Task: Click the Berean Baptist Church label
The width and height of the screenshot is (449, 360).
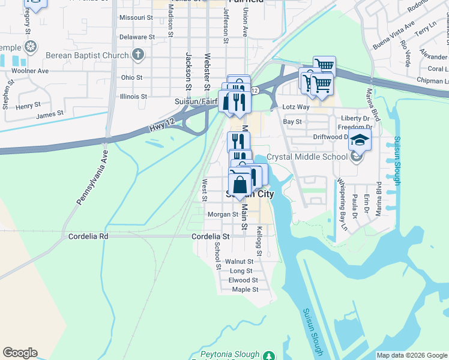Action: click(87, 56)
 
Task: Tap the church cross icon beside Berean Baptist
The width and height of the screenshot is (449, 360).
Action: click(139, 56)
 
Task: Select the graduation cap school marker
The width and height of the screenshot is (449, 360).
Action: click(360, 140)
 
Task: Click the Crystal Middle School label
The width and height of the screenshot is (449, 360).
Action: click(306, 157)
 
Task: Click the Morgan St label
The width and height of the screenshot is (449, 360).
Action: click(223, 214)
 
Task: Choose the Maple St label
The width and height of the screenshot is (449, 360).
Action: click(245, 289)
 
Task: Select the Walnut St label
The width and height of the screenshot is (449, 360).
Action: click(240, 262)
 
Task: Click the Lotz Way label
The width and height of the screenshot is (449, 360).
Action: click(296, 107)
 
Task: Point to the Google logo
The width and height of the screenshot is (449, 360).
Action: click(20, 353)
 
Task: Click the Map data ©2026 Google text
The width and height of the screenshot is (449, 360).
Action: click(411, 355)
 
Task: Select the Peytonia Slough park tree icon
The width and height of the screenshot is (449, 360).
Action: click(270, 355)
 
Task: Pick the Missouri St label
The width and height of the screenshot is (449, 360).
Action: click(136, 18)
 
